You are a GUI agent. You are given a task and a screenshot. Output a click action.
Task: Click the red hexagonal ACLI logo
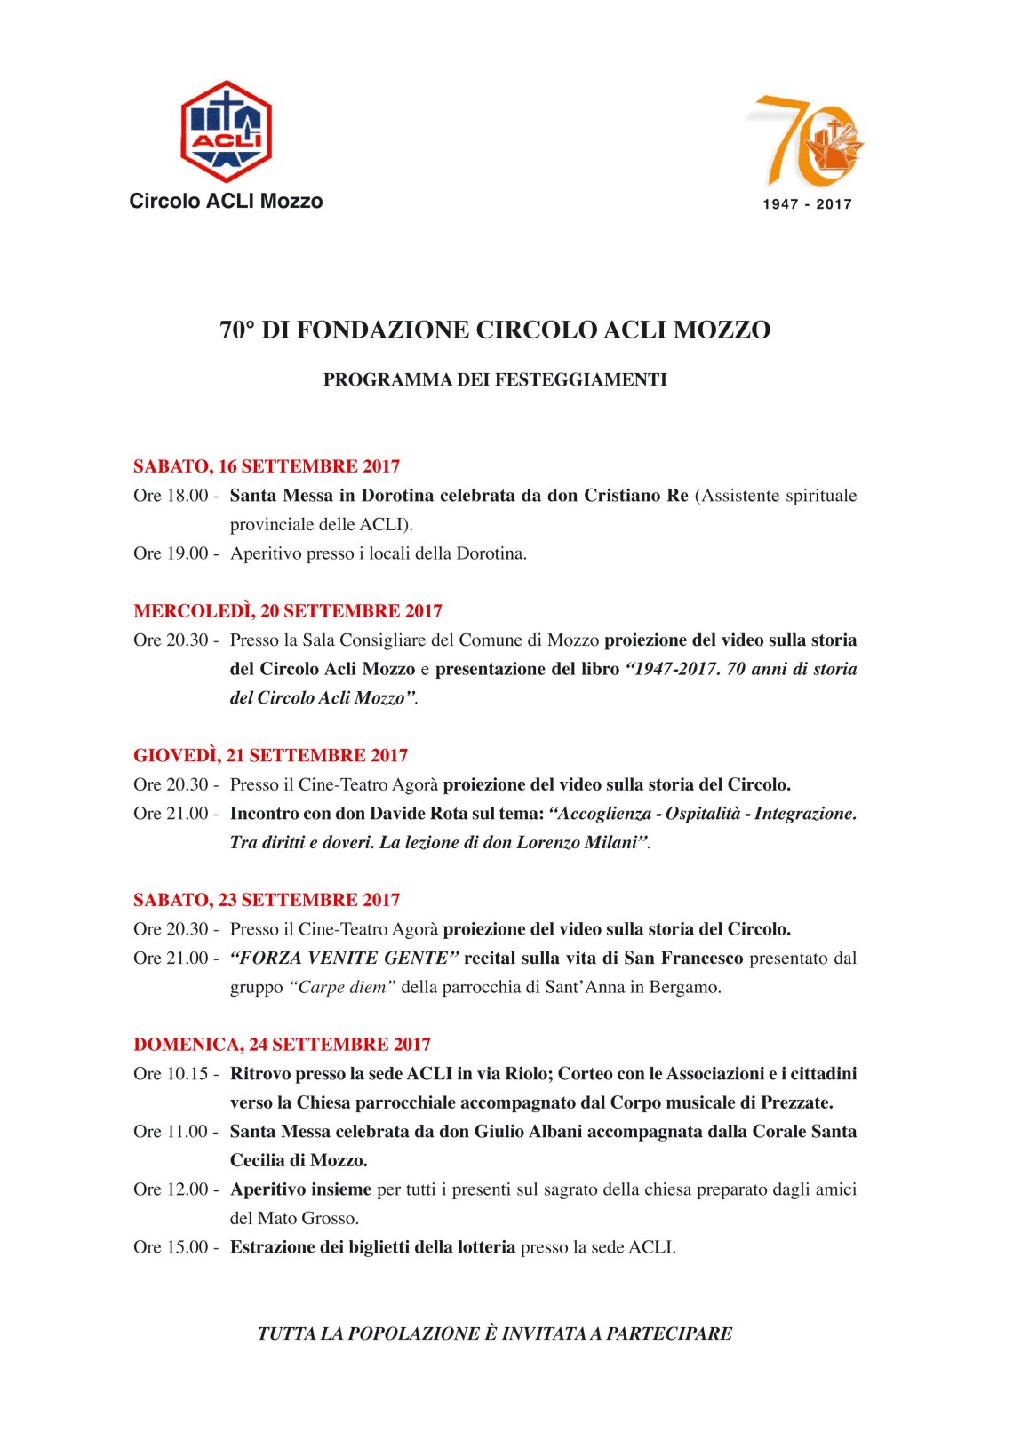(226, 131)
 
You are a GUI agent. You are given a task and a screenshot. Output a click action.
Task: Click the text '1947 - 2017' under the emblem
(807, 204)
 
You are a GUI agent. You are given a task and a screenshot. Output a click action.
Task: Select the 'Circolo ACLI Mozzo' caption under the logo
(226, 201)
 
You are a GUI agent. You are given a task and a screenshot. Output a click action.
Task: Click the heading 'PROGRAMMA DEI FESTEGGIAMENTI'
(495, 379)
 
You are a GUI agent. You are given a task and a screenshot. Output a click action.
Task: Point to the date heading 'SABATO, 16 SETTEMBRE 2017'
(267, 466)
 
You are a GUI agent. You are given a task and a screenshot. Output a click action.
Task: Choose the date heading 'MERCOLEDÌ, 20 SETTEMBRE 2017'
(288, 611)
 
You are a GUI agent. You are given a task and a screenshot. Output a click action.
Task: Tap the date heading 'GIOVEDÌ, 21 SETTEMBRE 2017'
(271, 756)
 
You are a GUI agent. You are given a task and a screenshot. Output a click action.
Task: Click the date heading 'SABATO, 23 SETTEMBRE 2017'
(267, 900)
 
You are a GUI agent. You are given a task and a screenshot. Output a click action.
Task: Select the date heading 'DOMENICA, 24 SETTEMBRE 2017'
(282, 1045)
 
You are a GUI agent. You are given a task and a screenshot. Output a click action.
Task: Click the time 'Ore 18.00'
(171, 496)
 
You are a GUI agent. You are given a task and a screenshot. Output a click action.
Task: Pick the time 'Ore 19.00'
(171, 553)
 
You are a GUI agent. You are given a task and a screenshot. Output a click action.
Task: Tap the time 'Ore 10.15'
(171, 1074)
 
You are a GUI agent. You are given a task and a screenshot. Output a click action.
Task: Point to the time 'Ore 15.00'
(171, 1247)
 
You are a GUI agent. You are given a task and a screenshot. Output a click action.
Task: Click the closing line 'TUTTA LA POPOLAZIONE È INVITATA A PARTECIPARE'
(495, 1333)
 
